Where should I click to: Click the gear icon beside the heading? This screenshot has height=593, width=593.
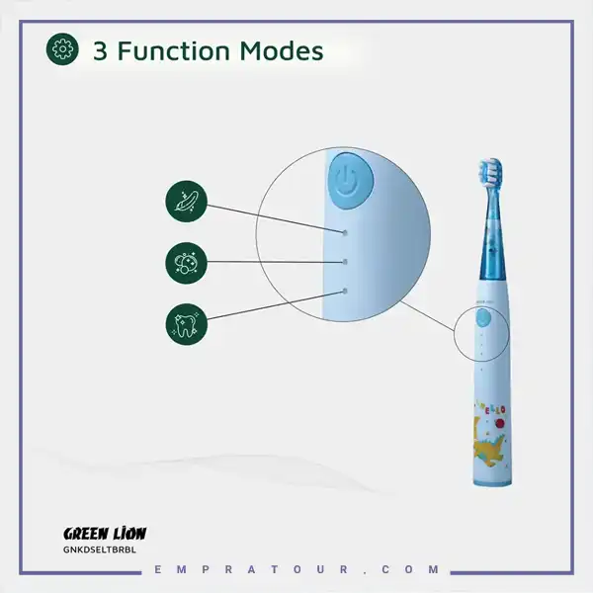[x=62, y=49]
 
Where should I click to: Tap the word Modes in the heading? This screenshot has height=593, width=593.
[x=282, y=50]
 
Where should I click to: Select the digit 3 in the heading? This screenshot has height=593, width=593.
[x=100, y=51]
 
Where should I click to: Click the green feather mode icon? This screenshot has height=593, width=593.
[x=187, y=202]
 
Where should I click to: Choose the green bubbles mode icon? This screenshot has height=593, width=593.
[x=187, y=263]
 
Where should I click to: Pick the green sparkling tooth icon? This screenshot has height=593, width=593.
[x=187, y=324]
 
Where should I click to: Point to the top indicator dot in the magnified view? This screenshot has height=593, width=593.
[x=345, y=232]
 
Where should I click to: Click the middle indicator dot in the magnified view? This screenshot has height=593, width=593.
[x=345, y=262]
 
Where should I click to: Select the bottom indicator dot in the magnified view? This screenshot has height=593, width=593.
[x=345, y=291]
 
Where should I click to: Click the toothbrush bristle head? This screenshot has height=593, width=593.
[x=490, y=171]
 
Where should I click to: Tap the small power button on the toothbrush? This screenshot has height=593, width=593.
[x=483, y=317]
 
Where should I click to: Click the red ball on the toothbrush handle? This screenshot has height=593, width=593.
[x=500, y=424]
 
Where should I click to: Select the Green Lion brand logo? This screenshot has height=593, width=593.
[x=105, y=534]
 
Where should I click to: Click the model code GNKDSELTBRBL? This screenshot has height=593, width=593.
[x=100, y=550]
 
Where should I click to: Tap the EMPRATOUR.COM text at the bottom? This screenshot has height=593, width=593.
[x=296, y=569]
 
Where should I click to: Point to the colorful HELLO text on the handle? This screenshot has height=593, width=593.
[x=490, y=407]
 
